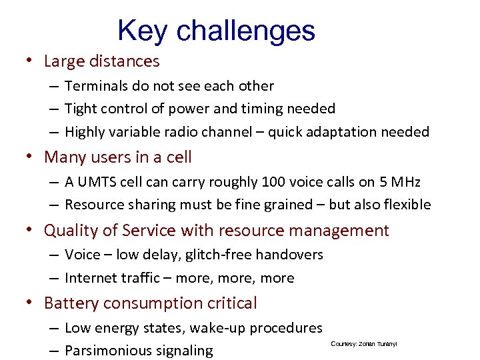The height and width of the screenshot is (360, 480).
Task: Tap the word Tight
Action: [81, 109]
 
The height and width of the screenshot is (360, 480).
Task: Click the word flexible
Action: [405, 205]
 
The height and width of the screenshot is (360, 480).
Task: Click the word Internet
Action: [92, 278]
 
